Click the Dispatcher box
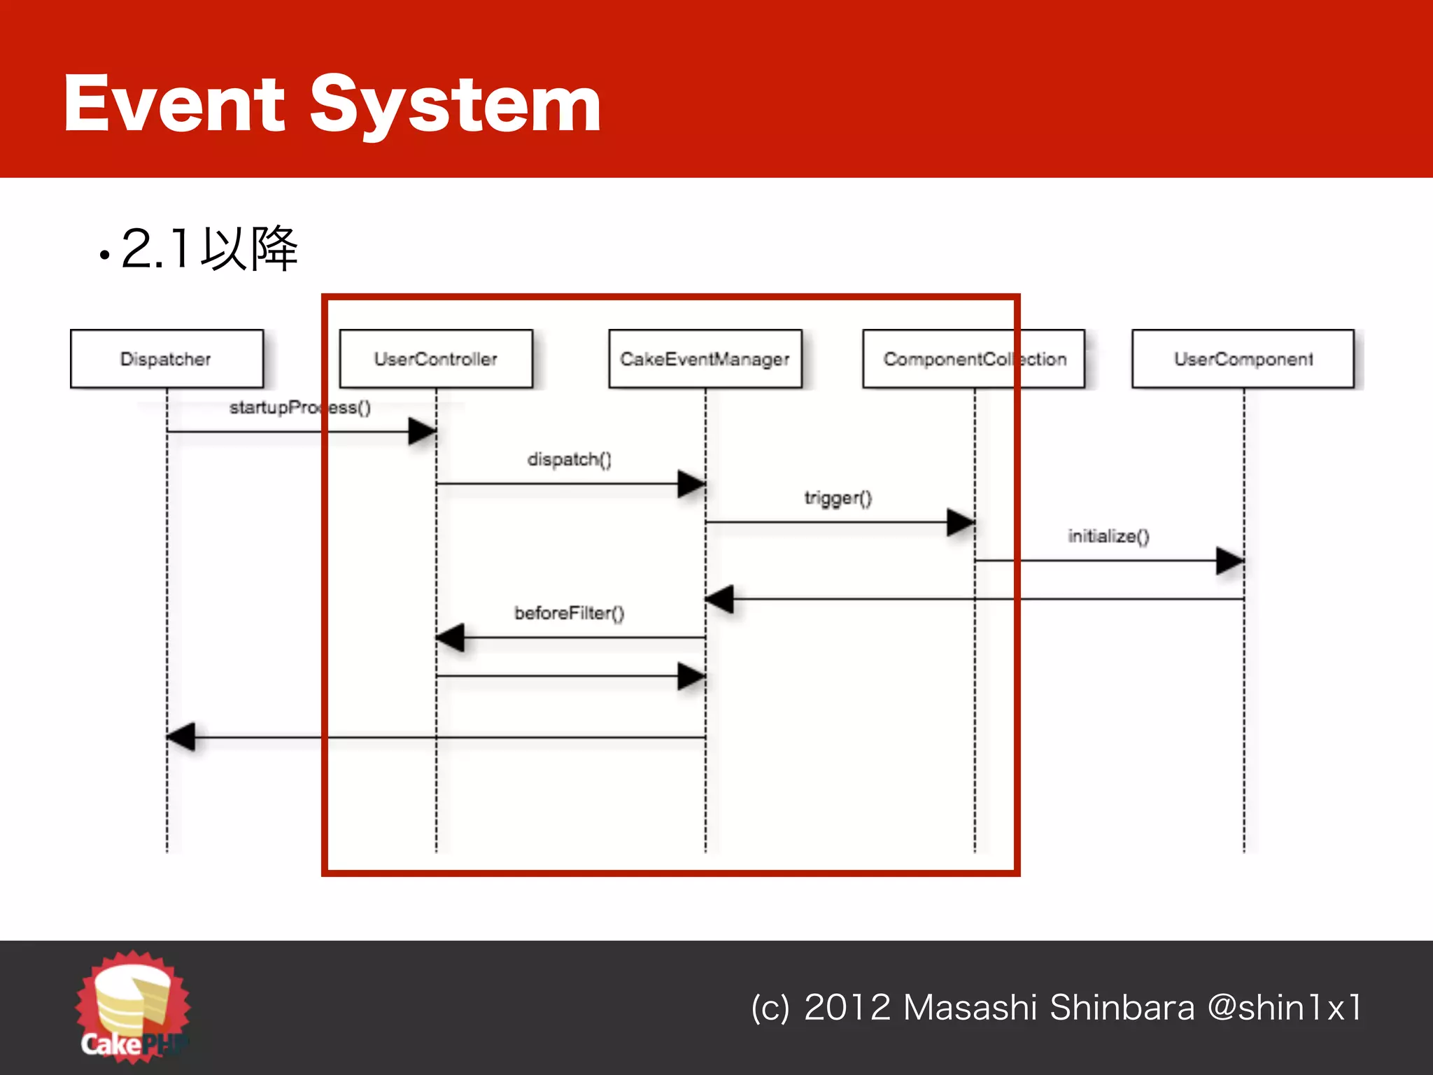167,359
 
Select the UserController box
436,359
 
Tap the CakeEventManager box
705,359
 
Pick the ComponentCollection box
974,359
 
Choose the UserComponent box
1243,359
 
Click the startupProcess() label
299,407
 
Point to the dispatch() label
569,459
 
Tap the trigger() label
838,498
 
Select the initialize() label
1108,536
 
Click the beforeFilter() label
569,613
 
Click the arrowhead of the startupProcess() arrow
422,432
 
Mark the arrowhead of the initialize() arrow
1229,561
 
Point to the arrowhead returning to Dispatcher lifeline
181,737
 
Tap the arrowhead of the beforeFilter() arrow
450,638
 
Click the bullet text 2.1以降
209,249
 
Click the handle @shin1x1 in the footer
1285,1008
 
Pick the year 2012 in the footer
847,1008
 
